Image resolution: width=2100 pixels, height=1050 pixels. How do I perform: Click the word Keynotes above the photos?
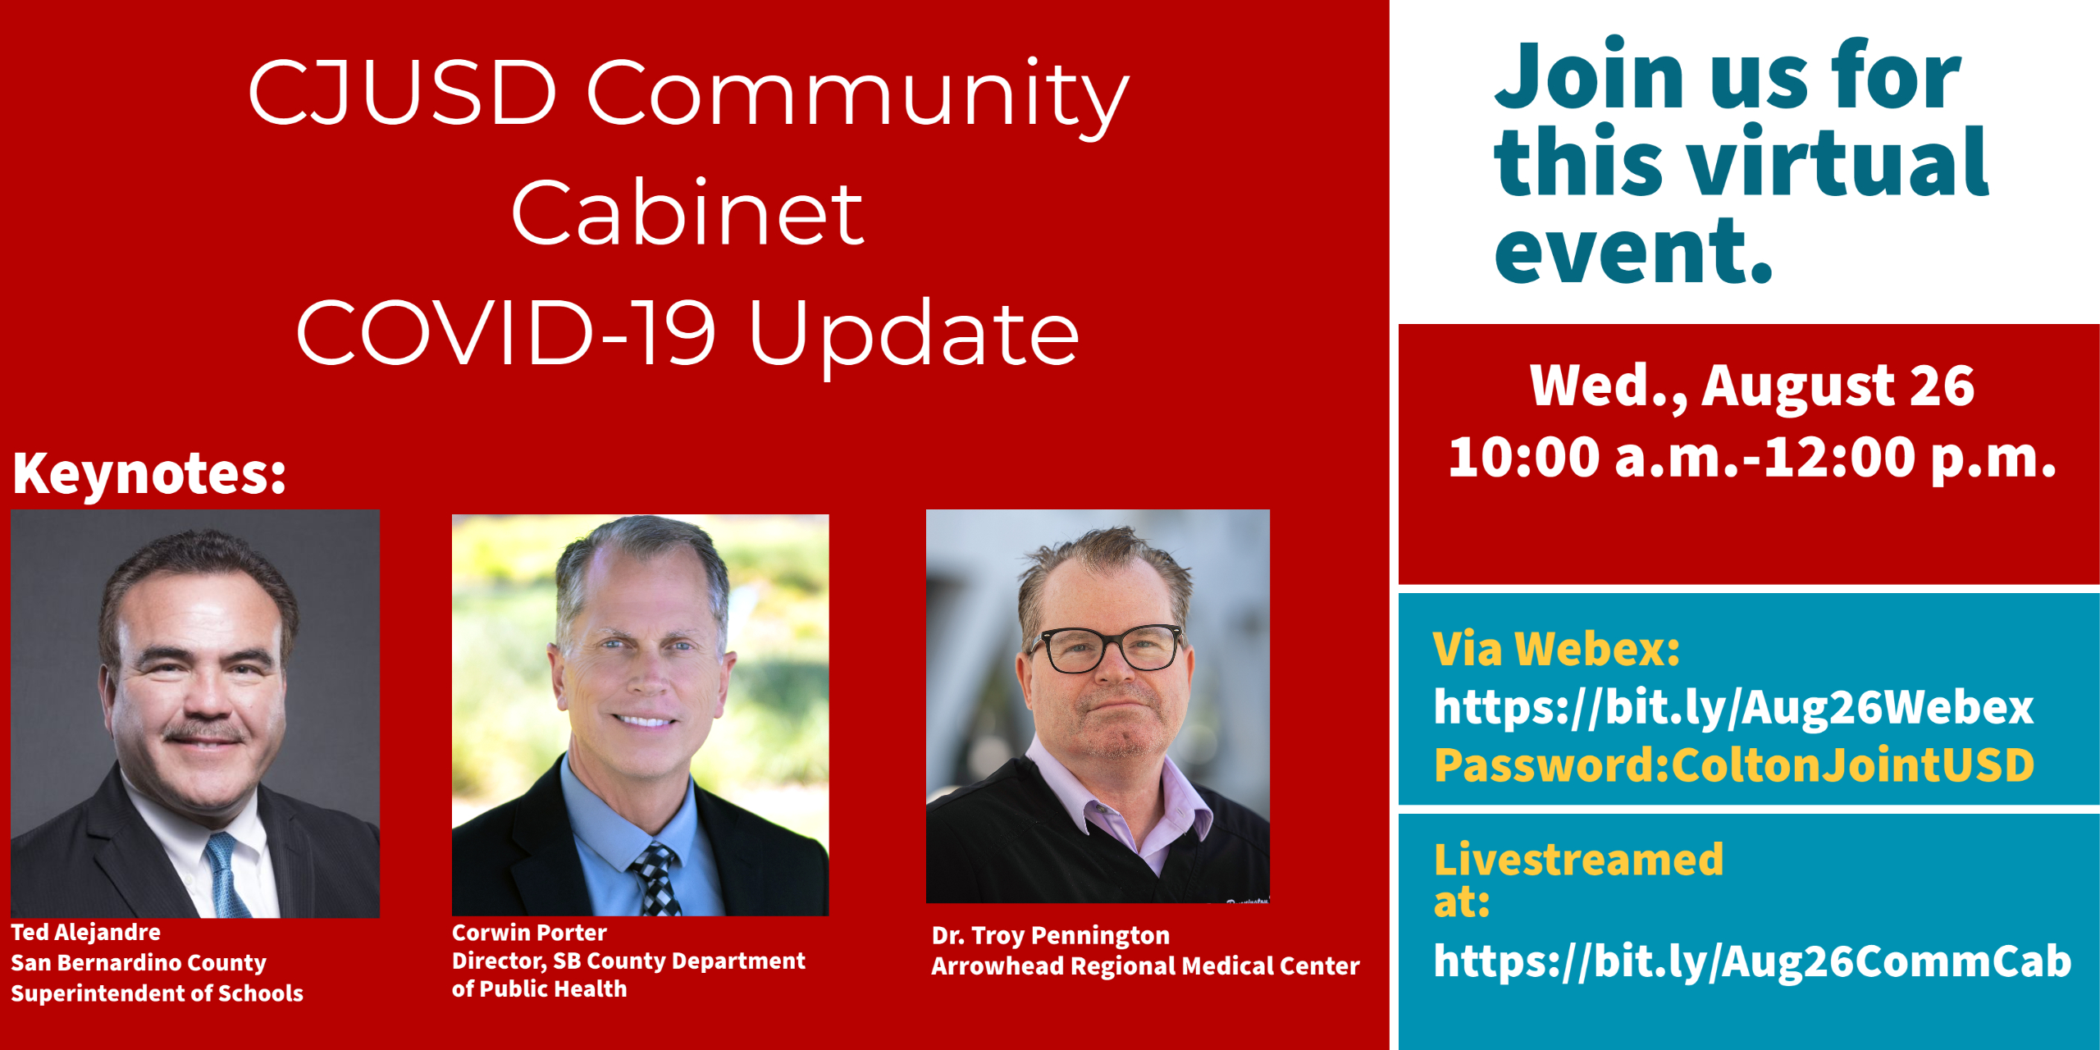click(x=148, y=474)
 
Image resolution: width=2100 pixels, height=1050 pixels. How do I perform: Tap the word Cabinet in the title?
click(x=687, y=215)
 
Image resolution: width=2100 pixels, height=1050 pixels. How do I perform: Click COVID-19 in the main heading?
click(x=505, y=335)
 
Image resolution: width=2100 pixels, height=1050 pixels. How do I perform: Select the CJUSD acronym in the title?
click(x=403, y=93)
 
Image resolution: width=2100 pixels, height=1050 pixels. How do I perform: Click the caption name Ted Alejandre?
click(x=85, y=933)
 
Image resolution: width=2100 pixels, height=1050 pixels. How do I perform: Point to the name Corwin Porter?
click(x=529, y=934)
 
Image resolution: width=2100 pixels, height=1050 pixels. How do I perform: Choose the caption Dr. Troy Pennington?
click(x=1051, y=936)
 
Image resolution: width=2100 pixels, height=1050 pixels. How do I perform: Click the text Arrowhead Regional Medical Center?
click(x=1145, y=967)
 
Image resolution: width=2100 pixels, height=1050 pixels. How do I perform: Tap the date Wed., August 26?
click(x=1752, y=386)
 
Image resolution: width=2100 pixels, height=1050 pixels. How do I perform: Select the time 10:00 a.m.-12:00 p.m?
click(x=1752, y=458)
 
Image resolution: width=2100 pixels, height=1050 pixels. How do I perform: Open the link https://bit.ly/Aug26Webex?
click(x=1733, y=707)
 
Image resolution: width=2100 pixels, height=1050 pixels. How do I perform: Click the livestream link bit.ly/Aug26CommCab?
click(x=1752, y=961)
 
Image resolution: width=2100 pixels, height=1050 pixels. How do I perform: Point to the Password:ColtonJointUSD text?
click(x=1733, y=765)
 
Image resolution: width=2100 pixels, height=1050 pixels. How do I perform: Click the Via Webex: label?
click(x=1556, y=650)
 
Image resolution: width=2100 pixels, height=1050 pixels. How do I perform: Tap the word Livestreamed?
click(x=1578, y=861)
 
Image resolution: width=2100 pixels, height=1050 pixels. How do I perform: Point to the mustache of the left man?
click(x=205, y=732)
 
